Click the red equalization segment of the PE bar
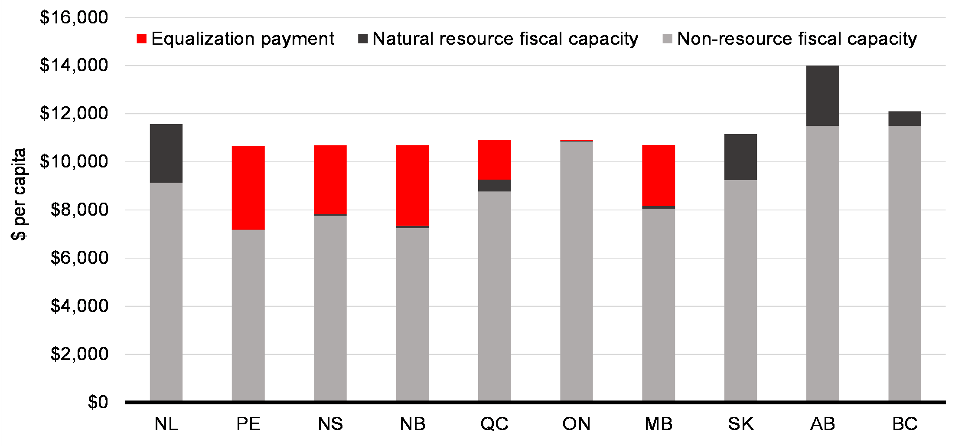[x=248, y=188]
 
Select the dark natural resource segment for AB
[x=822, y=96]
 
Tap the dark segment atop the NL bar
[x=166, y=153]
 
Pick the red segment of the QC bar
[x=494, y=160]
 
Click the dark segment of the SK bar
[x=740, y=157]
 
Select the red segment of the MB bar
[x=658, y=175]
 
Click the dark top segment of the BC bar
[x=904, y=118]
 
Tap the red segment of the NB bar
[x=412, y=185]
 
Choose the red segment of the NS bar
[x=330, y=180]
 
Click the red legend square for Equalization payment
[x=141, y=39]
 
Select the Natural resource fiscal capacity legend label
[x=505, y=39]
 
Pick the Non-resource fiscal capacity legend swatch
[x=668, y=39]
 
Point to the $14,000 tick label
[x=74, y=65]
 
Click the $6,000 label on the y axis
[x=79, y=258]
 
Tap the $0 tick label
[x=98, y=402]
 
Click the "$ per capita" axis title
[x=19, y=194]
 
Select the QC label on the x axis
[x=494, y=423]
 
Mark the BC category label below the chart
[x=905, y=423]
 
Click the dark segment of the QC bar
[x=494, y=185]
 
